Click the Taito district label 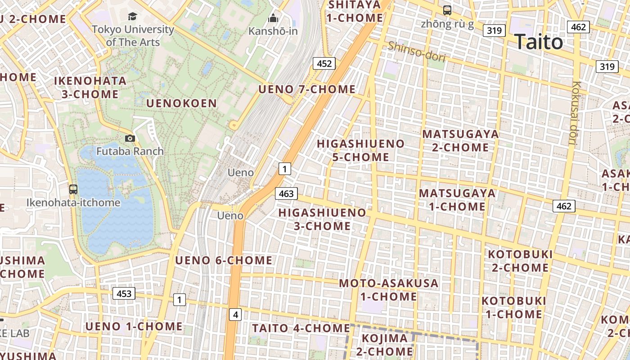click(538, 42)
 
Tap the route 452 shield click(324, 63)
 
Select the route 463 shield click(286, 194)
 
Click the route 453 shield click(124, 294)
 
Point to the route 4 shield click(235, 315)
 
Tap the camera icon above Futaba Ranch click(130, 139)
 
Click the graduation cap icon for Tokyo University click(132, 17)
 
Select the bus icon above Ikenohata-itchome click(73, 189)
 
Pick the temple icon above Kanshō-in click(273, 18)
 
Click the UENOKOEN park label click(182, 103)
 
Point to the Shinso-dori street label click(417, 52)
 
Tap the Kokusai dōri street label click(574, 112)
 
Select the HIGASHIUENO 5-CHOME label click(361, 150)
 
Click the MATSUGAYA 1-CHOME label click(457, 200)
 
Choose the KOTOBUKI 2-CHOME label click(520, 261)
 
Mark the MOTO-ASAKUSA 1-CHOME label click(389, 290)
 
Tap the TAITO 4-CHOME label click(301, 328)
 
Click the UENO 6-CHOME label click(224, 260)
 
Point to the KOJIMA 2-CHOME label click(385, 345)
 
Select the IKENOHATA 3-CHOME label click(90, 87)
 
